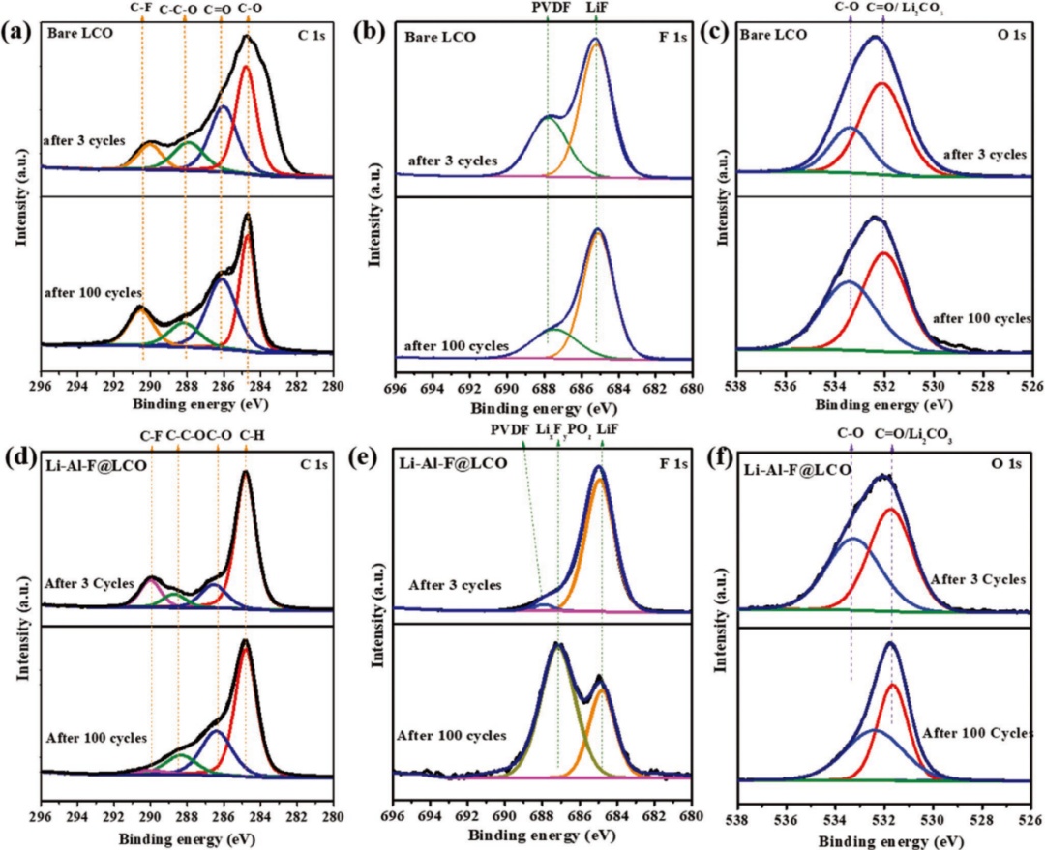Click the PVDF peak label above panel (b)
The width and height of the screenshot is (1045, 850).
tap(548, 9)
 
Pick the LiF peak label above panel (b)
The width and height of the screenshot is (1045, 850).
tap(596, 9)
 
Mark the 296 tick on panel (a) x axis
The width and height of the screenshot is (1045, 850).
tap(41, 383)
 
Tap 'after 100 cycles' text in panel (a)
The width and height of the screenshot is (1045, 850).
tap(93, 291)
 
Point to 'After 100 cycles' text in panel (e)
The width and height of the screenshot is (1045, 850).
tap(451, 735)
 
